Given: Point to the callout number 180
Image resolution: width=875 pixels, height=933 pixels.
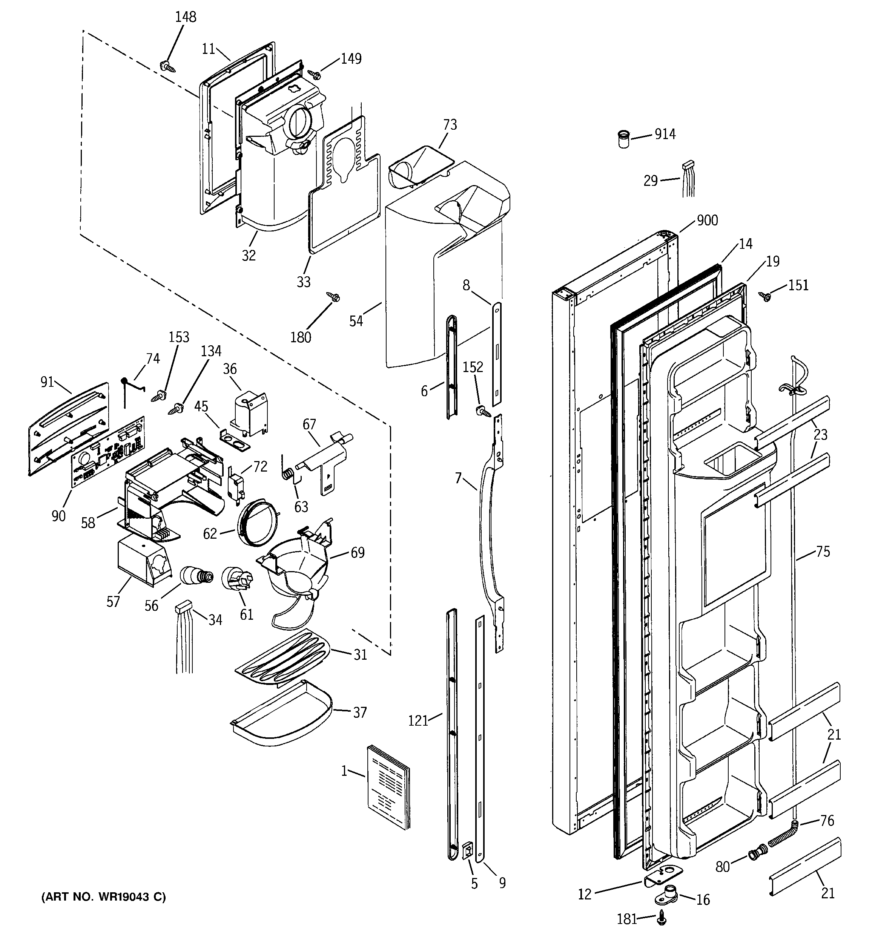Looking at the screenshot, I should point(301,337).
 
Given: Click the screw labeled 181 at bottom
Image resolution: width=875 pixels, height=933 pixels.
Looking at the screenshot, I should point(662,914).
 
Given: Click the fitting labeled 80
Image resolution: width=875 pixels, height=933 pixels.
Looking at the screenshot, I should point(756,852).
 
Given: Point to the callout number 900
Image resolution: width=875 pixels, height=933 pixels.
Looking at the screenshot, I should point(707,220).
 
